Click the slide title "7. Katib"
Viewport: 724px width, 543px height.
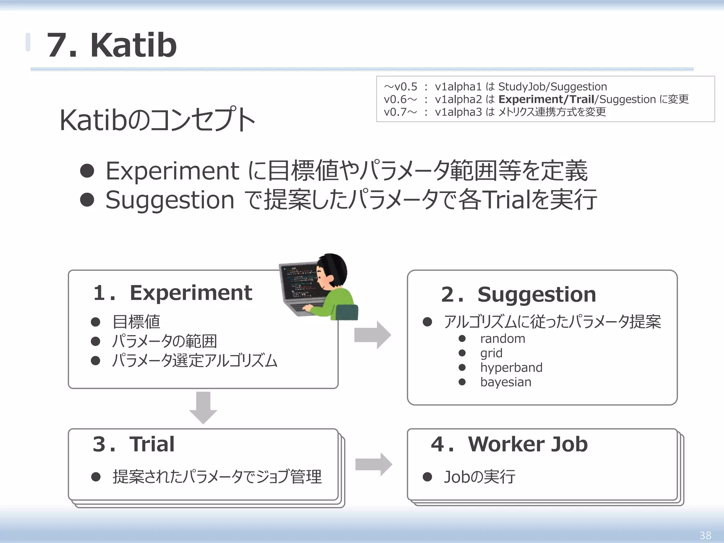click(x=112, y=45)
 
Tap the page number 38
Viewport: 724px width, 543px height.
click(x=705, y=535)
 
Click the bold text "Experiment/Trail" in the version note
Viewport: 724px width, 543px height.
click(x=546, y=99)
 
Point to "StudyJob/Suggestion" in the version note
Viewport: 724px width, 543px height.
click(x=552, y=87)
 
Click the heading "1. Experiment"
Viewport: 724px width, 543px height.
click(x=173, y=293)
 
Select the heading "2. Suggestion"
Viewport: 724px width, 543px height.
click(x=518, y=294)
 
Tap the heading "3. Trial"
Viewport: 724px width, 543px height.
click(x=134, y=444)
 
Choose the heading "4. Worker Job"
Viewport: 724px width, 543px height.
click(x=509, y=444)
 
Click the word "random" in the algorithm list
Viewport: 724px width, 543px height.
click(x=502, y=339)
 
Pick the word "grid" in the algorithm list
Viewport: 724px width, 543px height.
click(x=491, y=353)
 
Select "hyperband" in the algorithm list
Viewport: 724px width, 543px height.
click(x=511, y=368)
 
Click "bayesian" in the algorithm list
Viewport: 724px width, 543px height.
click(x=506, y=382)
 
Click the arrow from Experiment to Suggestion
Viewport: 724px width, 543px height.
click(x=373, y=335)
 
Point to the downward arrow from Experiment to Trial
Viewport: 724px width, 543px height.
click(x=203, y=407)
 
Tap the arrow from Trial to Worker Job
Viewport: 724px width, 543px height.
click(x=373, y=464)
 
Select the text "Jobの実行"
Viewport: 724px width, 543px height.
click(x=479, y=477)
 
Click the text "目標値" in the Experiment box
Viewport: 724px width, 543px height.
click(x=136, y=322)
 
